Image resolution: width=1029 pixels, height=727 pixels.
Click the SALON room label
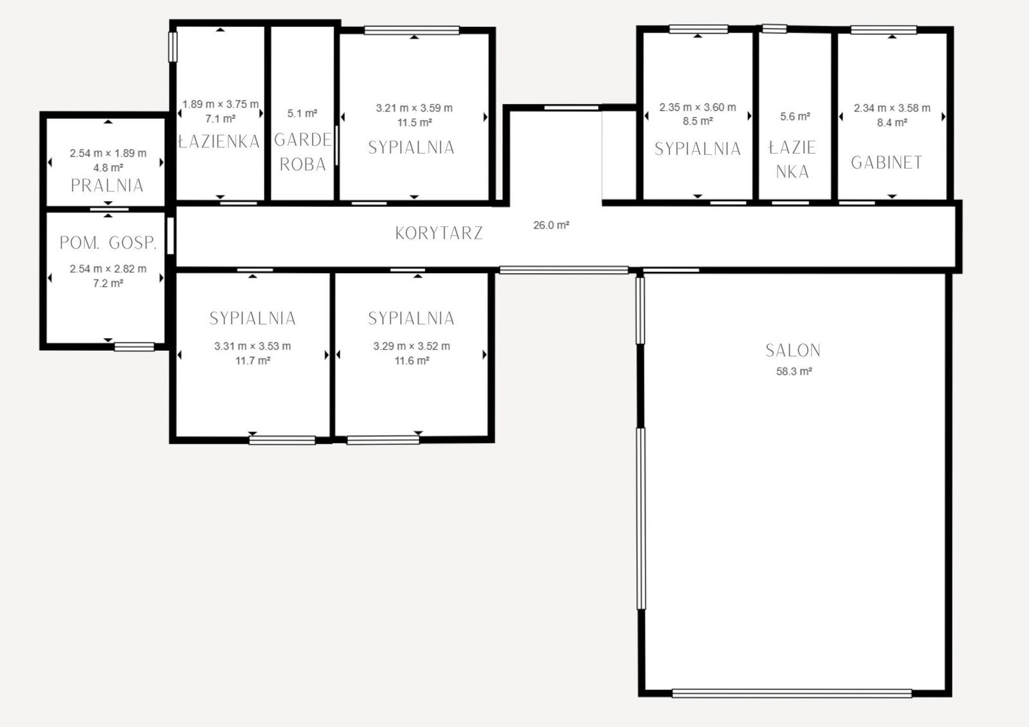(x=793, y=350)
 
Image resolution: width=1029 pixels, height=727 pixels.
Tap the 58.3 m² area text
(x=794, y=371)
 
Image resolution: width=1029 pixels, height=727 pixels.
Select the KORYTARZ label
(x=439, y=233)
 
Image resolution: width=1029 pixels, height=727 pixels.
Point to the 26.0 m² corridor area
(x=551, y=225)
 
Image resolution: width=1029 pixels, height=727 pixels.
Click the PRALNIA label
(x=107, y=186)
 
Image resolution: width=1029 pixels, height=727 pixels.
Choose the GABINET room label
(x=887, y=163)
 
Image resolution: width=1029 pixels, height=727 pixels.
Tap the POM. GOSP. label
(x=108, y=243)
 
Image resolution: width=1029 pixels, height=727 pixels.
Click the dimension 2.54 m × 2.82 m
(x=108, y=269)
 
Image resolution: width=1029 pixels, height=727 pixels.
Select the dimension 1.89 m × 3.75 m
(x=221, y=104)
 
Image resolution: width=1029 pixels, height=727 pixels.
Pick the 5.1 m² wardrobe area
(x=302, y=113)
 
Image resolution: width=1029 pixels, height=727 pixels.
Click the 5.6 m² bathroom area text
(x=795, y=116)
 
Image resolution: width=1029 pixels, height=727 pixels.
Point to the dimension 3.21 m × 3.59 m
(x=414, y=108)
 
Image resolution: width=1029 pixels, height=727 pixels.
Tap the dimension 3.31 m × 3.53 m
(x=253, y=346)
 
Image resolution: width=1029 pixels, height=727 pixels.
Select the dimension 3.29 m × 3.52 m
(x=412, y=346)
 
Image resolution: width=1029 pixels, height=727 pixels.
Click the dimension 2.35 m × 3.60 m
(x=698, y=107)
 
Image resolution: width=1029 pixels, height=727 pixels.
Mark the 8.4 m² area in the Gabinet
(x=892, y=123)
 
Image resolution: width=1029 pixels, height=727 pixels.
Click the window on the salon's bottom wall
(x=792, y=693)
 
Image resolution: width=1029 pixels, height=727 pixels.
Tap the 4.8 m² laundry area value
(x=108, y=168)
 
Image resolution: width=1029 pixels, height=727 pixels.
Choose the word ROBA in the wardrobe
(x=303, y=165)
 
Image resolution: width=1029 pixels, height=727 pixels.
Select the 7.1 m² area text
(x=221, y=119)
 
